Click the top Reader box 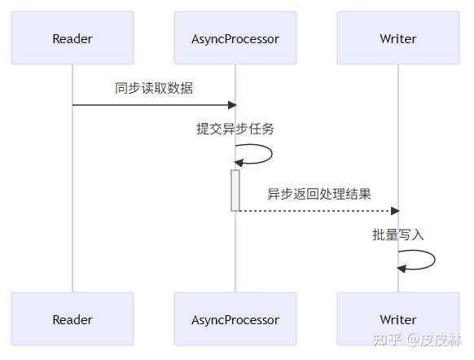coord(72,38)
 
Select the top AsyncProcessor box coord(235,38)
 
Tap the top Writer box coord(398,38)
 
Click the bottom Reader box coord(72,319)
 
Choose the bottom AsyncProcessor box coord(235,319)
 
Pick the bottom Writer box coord(398,319)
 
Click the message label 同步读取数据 coord(154,88)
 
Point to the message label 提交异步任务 coord(235,129)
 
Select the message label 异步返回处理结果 coord(319,194)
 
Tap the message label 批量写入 coord(398,235)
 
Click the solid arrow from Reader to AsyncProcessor coord(155,105)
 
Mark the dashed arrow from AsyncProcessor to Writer coord(319,211)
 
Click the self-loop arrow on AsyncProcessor coord(272,154)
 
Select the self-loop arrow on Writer coord(435,260)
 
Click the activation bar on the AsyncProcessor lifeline coord(235,191)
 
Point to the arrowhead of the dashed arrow coord(395,211)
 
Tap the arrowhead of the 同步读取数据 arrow coord(232,105)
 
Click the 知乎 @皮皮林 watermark coord(416,340)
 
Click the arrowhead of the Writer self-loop coord(402,269)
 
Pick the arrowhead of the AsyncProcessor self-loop coord(239,163)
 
